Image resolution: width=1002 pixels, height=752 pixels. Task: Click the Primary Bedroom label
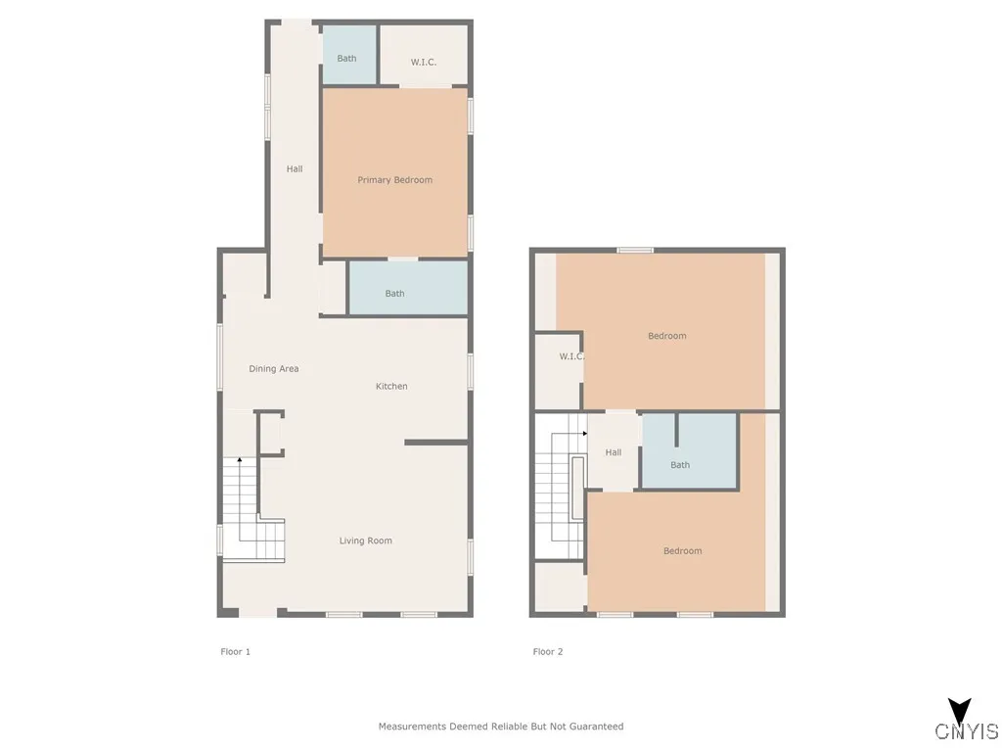pyautogui.click(x=394, y=180)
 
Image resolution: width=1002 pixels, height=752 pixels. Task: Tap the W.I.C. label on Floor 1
pyautogui.click(x=423, y=63)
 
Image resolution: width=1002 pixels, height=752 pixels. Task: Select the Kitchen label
pyautogui.click(x=391, y=387)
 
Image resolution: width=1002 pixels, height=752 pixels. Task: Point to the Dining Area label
pyautogui.click(x=274, y=369)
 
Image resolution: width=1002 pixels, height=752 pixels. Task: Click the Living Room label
pyautogui.click(x=366, y=540)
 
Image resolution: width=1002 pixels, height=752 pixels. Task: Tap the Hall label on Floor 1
pyautogui.click(x=295, y=169)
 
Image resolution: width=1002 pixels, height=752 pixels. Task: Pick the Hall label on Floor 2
pyautogui.click(x=614, y=452)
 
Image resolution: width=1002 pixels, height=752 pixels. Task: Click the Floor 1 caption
pyautogui.click(x=236, y=651)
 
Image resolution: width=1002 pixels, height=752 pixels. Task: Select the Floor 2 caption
pyautogui.click(x=548, y=651)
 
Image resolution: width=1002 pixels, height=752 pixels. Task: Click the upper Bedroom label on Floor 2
pyautogui.click(x=667, y=336)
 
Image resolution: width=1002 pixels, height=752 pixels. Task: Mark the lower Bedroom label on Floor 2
pyautogui.click(x=683, y=551)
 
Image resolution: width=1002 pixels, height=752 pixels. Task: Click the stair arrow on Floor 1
pyautogui.click(x=240, y=460)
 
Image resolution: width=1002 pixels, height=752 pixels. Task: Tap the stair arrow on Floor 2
pyautogui.click(x=584, y=433)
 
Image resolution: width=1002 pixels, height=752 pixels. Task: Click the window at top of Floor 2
pyautogui.click(x=635, y=250)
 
